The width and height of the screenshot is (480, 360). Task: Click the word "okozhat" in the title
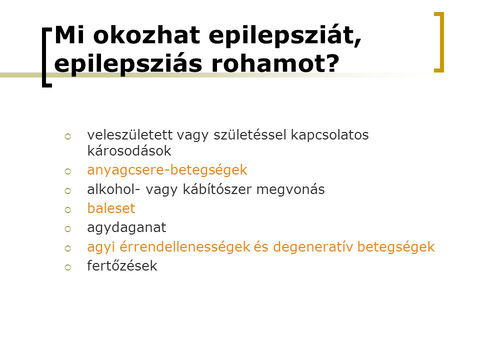tap(146, 35)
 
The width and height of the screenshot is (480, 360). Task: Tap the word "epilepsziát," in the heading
tap(285, 36)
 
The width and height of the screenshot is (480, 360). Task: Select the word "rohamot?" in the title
tap(275, 63)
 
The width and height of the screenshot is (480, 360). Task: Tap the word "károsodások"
tap(129, 150)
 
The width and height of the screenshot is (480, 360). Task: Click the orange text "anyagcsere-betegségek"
tap(167, 170)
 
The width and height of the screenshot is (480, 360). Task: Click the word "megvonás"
tap(290, 190)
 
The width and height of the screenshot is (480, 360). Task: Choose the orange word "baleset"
tap(111, 208)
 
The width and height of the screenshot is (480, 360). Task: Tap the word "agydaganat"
tap(126, 228)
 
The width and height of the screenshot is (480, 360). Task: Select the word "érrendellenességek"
tap(185, 247)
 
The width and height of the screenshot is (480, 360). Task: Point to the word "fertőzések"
tap(122, 265)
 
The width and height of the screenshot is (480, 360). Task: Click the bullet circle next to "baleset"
tap(67, 210)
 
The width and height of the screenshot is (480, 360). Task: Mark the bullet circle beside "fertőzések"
tap(67, 267)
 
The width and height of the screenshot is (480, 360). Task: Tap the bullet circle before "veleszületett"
tap(67, 136)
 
